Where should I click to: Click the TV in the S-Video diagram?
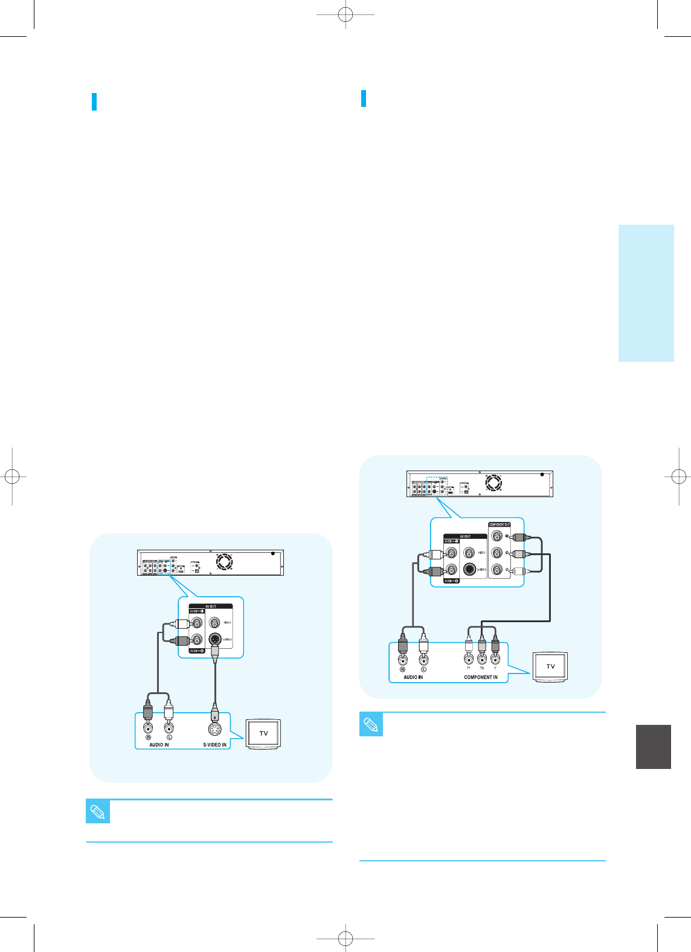tap(263, 733)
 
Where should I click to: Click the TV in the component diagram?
tap(550, 666)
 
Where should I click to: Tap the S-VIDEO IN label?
tap(214, 745)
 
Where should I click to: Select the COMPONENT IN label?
tap(481, 677)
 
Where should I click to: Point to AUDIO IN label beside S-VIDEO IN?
tap(159, 745)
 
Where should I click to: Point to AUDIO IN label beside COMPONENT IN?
tap(413, 677)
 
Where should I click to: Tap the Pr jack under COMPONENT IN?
tap(469, 660)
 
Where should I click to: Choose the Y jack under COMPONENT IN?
tap(495, 660)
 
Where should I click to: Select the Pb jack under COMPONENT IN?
tap(482, 660)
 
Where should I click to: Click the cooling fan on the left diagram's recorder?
tap(225, 562)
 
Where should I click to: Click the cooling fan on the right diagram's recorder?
tap(493, 483)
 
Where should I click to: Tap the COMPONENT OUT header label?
tap(500, 524)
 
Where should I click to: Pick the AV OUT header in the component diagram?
tap(465, 536)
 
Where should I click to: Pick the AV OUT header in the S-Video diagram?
tap(210, 606)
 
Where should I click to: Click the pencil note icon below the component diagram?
tap(371, 724)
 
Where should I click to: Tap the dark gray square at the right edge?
tap(654, 747)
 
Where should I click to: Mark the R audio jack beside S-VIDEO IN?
tap(148, 728)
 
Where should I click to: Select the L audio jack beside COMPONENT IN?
tap(423, 660)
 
